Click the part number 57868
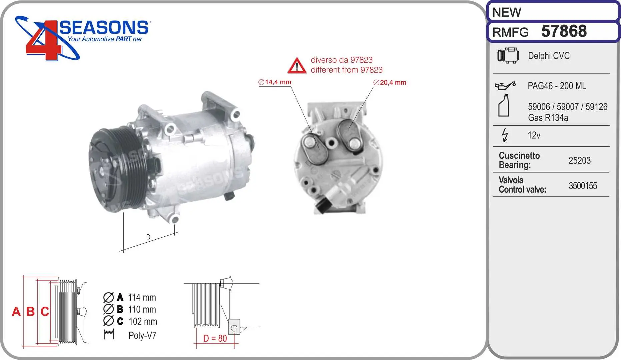(x=564, y=31)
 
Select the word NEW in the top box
(x=506, y=12)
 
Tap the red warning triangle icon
(x=297, y=65)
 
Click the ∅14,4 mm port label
(x=275, y=82)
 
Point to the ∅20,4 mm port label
(x=390, y=82)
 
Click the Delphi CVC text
(x=549, y=56)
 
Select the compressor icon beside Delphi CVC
(x=508, y=55)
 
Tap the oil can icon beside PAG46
(x=505, y=86)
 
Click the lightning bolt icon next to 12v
(x=505, y=135)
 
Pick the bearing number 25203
(x=579, y=160)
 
